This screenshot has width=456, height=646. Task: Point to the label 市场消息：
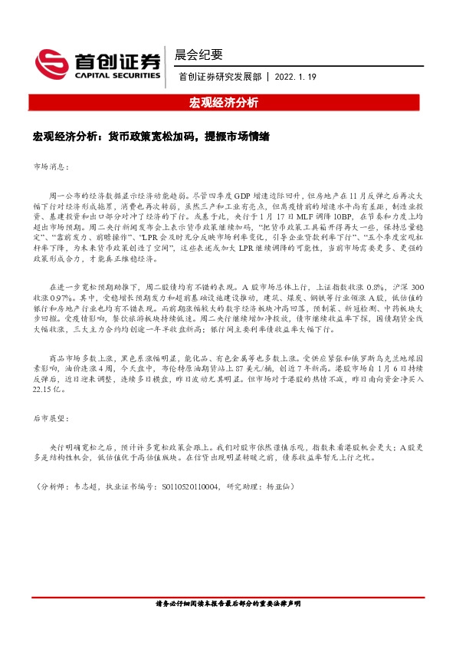pos(52,166)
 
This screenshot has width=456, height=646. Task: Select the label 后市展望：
pos(52,419)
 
